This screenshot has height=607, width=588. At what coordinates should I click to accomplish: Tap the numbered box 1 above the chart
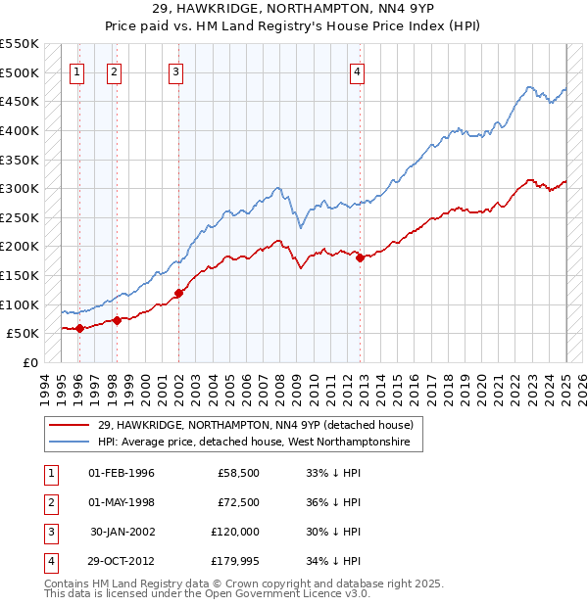pos(77,70)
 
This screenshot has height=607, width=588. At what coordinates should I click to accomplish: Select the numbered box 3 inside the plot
pos(175,70)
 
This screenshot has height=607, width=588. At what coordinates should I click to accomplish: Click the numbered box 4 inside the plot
pos(359,70)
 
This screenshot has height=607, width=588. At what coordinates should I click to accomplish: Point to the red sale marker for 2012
pos(361,257)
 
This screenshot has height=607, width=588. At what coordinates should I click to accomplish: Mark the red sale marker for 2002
pos(178,293)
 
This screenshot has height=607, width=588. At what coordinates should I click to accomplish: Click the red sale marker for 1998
pos(117,320)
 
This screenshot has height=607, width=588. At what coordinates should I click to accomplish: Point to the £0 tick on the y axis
pos(29,362)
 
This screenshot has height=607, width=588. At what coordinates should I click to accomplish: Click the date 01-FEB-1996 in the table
pos(122,473)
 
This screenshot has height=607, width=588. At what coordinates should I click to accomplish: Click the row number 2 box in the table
pos(48,502)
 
